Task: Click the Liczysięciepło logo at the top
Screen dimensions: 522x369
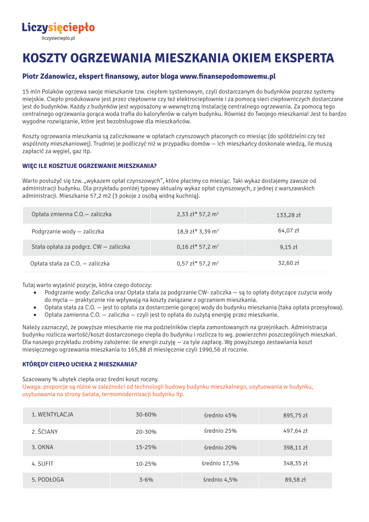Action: tap(58, 28)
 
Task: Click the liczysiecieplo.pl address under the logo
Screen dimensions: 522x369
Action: tap(58, 38)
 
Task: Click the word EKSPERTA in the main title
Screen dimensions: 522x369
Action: tap(300, 58)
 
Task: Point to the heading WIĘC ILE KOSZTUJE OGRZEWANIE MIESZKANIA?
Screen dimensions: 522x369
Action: tap(89, 166)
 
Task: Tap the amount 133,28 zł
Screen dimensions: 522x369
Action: tap(289, 215)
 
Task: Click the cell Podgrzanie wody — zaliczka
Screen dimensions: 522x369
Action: tap(68, 232)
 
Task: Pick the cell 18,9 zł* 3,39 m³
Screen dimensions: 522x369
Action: tap(197, 232)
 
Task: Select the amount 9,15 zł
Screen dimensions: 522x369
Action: tap(289, 247)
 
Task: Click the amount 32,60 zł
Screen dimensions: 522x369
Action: tap(289, 263)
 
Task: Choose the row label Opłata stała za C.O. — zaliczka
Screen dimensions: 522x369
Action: tap(70, 263)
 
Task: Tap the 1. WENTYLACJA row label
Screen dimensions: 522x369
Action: tap(53, 415)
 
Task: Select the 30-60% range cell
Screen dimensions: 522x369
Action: tap(146, 415)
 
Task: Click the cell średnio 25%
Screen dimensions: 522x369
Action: tap(220, 431)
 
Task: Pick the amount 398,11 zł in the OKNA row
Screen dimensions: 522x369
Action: tap(295, 447)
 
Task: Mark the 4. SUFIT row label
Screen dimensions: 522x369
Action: tap(42, 463)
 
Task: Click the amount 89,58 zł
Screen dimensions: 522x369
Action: tap(295, 480)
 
